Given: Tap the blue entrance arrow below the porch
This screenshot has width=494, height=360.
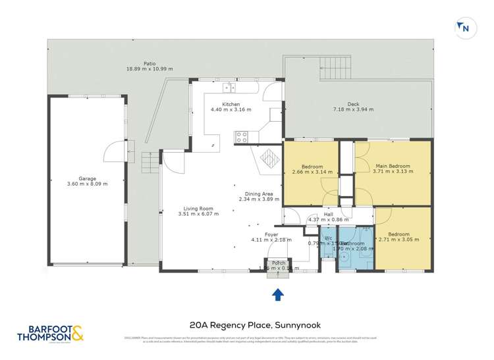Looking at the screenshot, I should tap(277, 294).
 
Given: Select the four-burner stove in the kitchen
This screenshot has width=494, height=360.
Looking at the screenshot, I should tap(241, 137).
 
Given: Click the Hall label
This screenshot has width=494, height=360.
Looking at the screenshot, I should tap(328, 215).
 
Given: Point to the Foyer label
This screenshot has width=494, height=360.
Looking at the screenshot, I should tap(271, 234).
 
